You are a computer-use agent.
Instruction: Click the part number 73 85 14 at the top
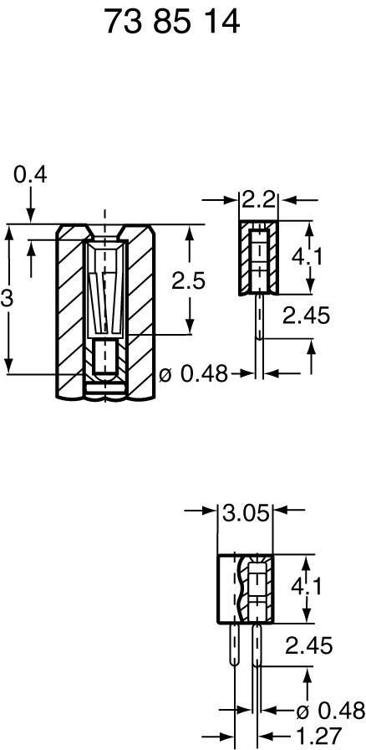coord(172,23)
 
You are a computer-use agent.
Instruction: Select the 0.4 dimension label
coord(30,175)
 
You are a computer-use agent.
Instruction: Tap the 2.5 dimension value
coord(188,281)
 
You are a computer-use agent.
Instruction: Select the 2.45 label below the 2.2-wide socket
coord(306,316)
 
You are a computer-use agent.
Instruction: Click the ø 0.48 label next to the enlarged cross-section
coord(193,374)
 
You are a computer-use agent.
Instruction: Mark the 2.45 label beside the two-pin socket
coord(308,645)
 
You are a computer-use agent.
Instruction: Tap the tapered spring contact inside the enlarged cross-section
coord(105,301)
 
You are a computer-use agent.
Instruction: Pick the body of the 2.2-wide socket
coord(258,259)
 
